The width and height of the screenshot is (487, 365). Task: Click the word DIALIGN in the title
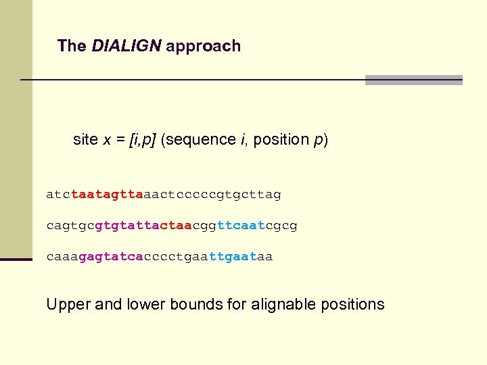[x=126, y=46]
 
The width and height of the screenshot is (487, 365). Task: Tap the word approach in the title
[x=203, y=47]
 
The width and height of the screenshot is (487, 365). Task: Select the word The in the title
[x=72, y=46]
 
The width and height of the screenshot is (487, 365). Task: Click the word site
[x=85, y=139]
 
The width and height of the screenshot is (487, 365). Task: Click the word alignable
[x=282, y=305]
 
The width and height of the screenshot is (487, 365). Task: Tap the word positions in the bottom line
[x=351, y=305]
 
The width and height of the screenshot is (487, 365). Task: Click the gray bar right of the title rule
[x=413, y=80]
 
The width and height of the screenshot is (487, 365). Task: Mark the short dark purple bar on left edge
[x=16, y=259]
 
